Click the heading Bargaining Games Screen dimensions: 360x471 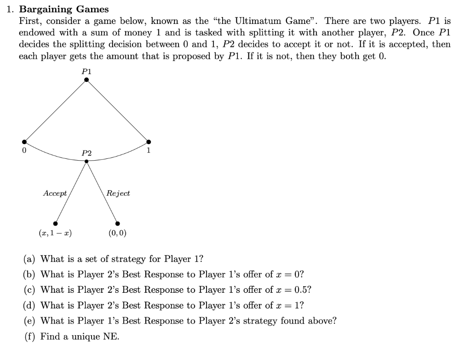point(64,9)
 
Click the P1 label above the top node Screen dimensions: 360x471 point(86,71)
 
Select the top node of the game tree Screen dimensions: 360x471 point(86,81)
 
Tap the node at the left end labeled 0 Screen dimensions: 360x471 point(24,142)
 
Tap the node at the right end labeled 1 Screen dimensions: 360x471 point(148,142)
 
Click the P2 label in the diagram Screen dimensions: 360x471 point(86,153)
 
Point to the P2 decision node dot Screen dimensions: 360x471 point(86,161)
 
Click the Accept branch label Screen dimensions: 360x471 point(55,193)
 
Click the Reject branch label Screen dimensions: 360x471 point(118,193)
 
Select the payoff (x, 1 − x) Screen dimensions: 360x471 point(55,233)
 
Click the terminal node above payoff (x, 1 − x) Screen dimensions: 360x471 point(56,222)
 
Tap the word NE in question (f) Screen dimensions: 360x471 point(110,337)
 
